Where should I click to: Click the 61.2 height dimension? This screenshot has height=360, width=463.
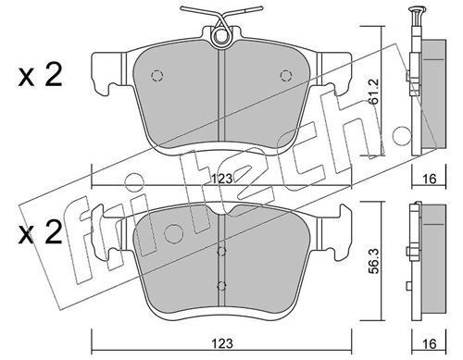[375, 92]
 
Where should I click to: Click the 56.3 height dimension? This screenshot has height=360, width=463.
[375, 260]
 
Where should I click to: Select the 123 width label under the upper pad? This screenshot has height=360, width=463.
[222, 179]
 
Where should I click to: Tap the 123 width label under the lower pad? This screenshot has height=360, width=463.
[222, 343]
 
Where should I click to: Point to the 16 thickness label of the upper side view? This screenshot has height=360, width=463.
[429, 179]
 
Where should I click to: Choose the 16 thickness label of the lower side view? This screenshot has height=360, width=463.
[429, 343]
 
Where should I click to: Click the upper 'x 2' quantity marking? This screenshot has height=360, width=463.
[40, 75]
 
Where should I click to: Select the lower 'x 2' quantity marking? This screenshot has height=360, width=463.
[40, 233]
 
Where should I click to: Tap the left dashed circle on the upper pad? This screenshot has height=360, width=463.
[156, 76]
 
